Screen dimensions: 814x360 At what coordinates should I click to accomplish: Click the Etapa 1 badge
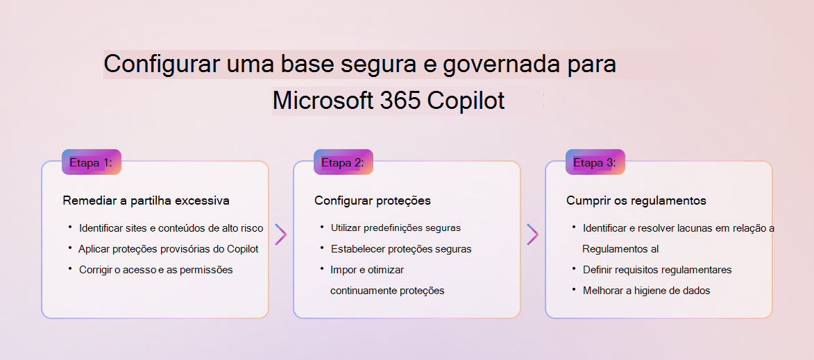pyautogui.click(x=92, y=162)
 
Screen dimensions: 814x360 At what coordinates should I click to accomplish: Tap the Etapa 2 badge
pyautogui.click(x=343, y=162)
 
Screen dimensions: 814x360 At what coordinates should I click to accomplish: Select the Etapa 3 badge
pyautogui.click(x=595, y=162)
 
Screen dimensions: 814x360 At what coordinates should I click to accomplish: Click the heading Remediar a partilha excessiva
pyautogui.click(x=146, y=200)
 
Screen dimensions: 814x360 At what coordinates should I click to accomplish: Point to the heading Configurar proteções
pyautogui.click(x=373, y=200)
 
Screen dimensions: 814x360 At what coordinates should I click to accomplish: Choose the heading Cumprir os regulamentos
pyautogui.click(x=636, y=200)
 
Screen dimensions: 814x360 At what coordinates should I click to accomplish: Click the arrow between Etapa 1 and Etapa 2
pyautogui.click(x=281, y=234)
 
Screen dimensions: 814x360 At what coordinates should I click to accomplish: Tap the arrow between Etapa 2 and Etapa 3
pyautogui.click(x=533, y=234)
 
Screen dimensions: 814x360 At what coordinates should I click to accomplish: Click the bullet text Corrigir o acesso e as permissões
pyautogui.click(x=155, y=270)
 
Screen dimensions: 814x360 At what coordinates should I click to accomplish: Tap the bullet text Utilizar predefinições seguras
pyautogui.click(x=396, y=228)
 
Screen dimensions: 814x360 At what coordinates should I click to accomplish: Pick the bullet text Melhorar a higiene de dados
pyautogui.click(x=646, y=291)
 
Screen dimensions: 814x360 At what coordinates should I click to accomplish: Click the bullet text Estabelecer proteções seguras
pyautogui.click(x=401, y=249)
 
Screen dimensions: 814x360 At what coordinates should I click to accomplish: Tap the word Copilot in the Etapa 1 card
pyautogui.click(x=242, y=249)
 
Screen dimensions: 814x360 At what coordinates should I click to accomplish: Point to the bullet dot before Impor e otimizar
pyautogui.click(x=322, y=268)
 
